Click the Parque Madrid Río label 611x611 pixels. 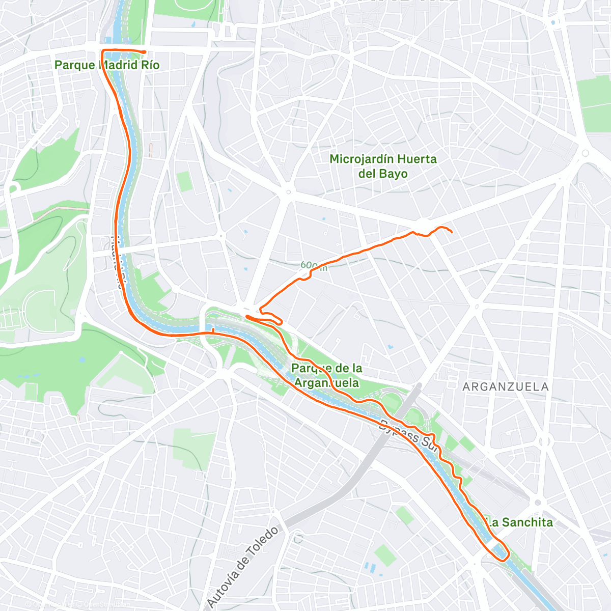click(x=107, y=65)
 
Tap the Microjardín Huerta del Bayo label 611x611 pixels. click(x=383, y=166)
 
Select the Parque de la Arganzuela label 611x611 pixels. click(x=327, y=375)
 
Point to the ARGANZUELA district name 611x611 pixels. click(x=505, y=387)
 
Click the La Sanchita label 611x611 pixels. click(x=519, y=522)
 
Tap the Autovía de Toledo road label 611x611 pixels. click(x=243, y=568)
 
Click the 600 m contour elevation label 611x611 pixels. click(x=313, y=265)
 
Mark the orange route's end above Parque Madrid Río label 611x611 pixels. click(x=145, y=52)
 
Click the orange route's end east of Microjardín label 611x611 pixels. click(x=452, y=232)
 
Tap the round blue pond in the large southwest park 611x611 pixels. click(x=82, y=359)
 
